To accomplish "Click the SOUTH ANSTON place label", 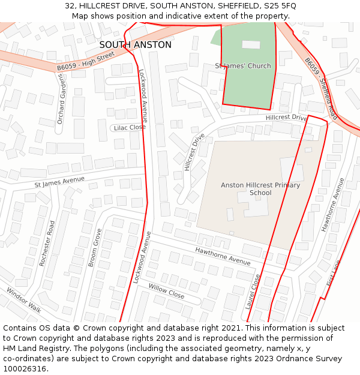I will coord(135,45).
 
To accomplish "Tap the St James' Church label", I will coord(243,66).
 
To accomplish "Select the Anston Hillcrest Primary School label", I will coord(260,189).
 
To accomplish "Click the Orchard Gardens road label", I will coord(61,101).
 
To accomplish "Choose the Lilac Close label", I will coord(129,127).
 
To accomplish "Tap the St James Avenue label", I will coord(59,182).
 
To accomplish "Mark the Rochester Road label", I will coord(47,243).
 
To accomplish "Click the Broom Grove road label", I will coord(95,247).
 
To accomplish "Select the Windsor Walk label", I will coord(24,300).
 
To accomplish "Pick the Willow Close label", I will coord(166,292).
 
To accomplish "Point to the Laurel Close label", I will coord(253,292).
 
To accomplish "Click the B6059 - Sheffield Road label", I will coord(320,88).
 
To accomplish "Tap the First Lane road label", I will coord(333,273).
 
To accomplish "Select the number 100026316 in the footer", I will coord(26,369).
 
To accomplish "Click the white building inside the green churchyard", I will coord(251,44).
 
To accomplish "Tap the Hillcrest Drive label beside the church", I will coord(286,118).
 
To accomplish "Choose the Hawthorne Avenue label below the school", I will coord(223,256).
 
